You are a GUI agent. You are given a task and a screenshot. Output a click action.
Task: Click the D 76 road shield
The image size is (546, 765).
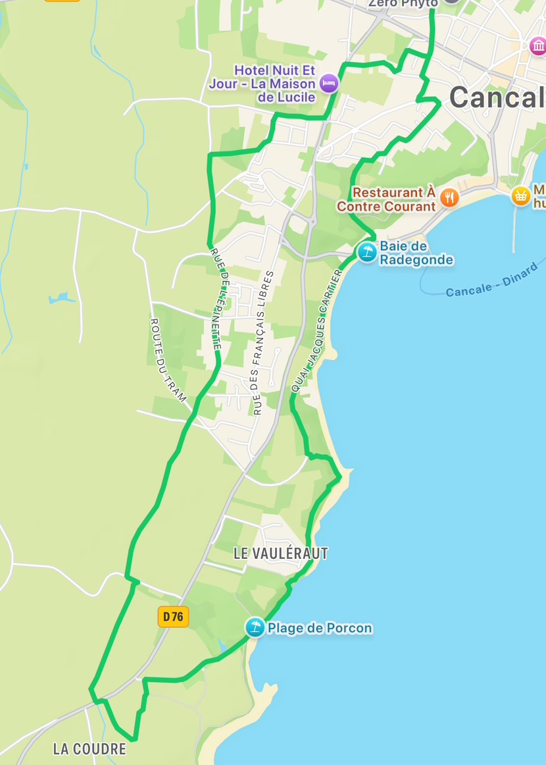173,616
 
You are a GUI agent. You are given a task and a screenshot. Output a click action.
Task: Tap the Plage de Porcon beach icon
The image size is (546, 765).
255,627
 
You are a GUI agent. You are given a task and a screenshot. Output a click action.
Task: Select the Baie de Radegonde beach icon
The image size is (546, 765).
366,251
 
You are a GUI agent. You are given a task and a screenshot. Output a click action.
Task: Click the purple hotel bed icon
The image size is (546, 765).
329,83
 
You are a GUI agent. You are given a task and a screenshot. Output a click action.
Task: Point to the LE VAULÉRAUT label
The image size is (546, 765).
280,554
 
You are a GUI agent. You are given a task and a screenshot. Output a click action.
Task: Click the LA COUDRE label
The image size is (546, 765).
89,749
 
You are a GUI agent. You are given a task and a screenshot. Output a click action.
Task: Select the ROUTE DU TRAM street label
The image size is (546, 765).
168,360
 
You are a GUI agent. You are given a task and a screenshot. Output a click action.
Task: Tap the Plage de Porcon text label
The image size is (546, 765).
320,628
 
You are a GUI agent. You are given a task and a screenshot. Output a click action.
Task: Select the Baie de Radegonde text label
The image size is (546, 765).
416,253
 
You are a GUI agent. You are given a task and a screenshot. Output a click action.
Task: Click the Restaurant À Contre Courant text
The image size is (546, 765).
386,199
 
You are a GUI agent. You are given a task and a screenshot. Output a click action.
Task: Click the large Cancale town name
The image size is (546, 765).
497,97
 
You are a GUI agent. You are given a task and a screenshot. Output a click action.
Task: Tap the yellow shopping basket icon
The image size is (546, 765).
521,196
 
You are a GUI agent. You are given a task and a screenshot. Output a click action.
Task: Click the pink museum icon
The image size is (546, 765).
538,45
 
